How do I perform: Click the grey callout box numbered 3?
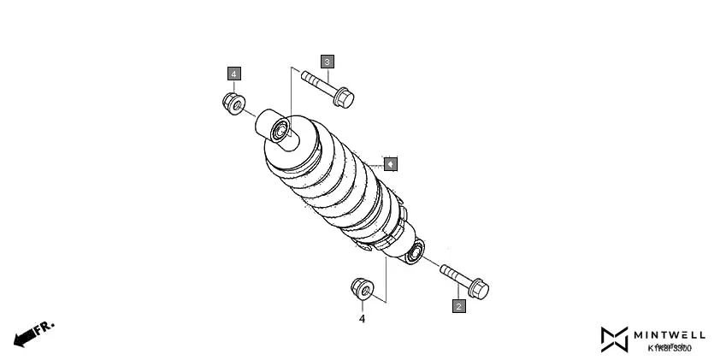[328, 62]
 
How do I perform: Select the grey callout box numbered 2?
[458, 305]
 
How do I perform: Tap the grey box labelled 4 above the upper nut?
[233, 74]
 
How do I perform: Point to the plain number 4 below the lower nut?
[362, 319]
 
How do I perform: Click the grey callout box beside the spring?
[389, 162]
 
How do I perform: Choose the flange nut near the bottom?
[362, 289]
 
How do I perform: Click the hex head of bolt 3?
[344, 97]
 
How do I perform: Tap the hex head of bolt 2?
[478, 289]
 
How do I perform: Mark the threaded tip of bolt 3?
[305, 77]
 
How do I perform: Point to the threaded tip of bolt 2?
[445, 269]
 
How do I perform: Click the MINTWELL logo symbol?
[614, 339]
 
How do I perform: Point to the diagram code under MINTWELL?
[670, 348]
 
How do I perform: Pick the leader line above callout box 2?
[458, 292]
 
